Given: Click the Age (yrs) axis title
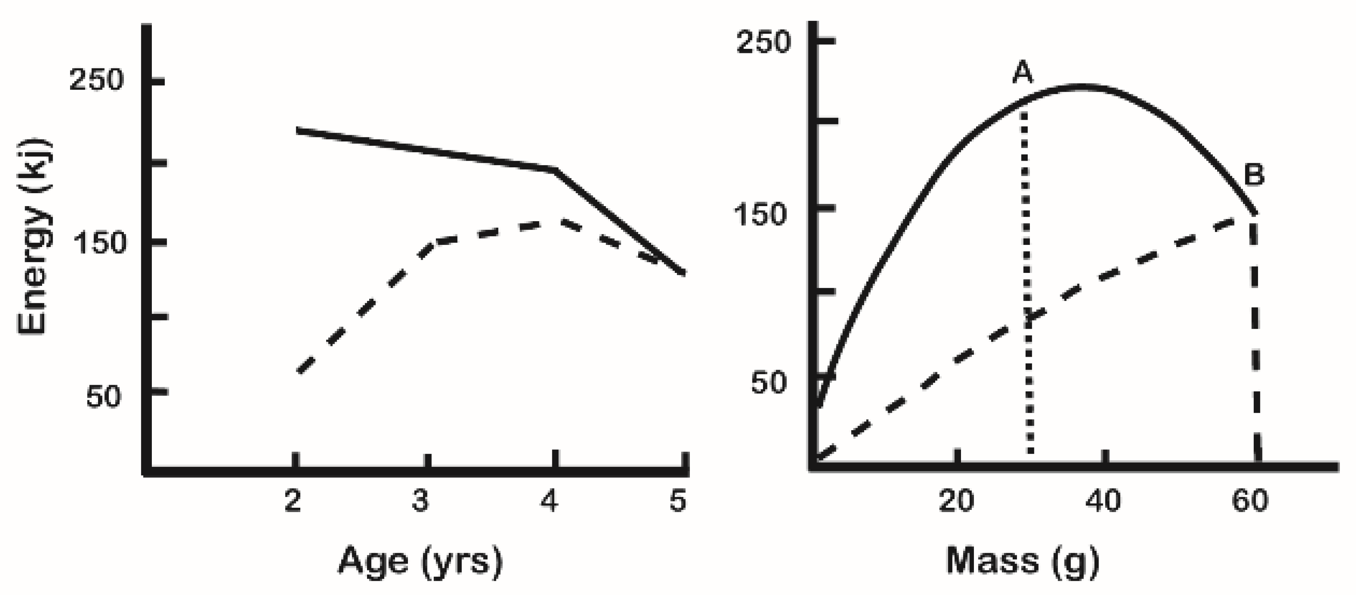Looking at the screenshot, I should point(420,561).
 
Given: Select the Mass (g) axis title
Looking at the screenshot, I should point(1022,561).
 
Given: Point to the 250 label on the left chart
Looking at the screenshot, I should point(96,81).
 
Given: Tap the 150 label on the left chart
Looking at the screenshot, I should point(100,243).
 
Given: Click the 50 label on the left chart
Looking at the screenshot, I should point(104,396).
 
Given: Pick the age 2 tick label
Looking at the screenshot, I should point(293,501).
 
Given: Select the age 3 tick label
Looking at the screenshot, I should point(420,501).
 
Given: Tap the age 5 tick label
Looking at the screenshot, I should point(678,501).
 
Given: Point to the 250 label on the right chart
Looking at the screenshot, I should point(763,42).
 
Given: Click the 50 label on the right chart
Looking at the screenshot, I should point(769,383).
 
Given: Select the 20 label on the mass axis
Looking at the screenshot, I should point(956,501).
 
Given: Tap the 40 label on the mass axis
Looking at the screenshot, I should point(1103,501).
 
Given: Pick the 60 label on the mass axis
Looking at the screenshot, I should point(1250,501).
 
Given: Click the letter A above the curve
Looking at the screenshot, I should point(1023,73).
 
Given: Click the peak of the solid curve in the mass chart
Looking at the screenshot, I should point(1082,86).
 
